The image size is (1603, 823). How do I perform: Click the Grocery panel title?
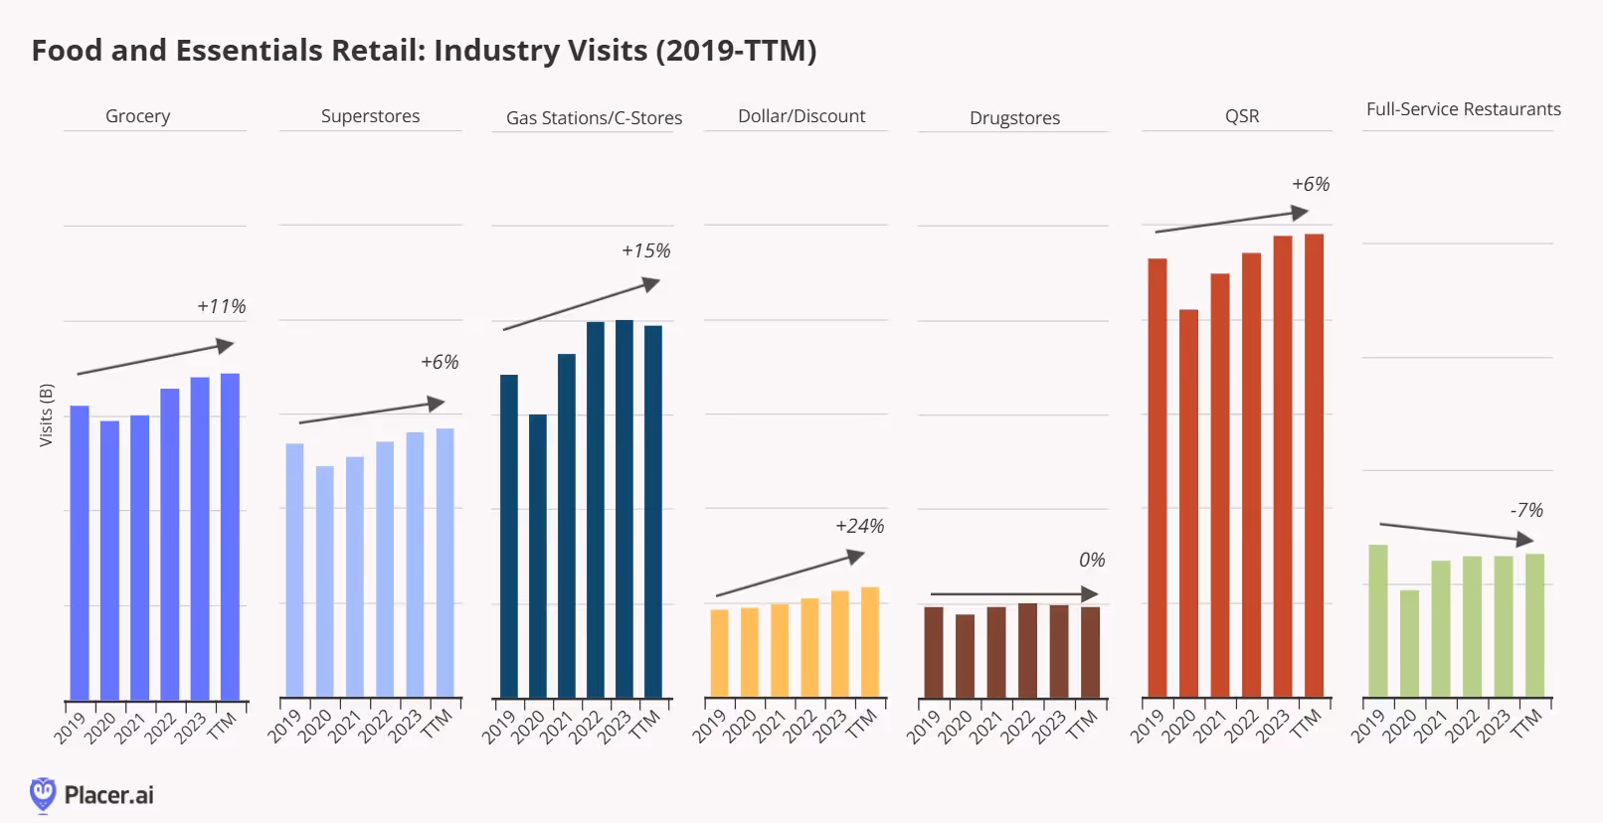pyautogui.click(x=137, y=116)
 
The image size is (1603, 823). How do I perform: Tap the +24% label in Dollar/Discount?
pyautogui.click(x=859, y=526)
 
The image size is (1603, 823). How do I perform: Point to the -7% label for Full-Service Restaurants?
pyautogui.click(x=1526, y=510)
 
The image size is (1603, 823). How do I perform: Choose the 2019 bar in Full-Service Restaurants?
pyautogui.click(x=1377, y=620)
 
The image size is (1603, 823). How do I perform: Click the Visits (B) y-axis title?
pyautogui.click(x=46, y=414)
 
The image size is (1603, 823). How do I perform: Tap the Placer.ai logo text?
pyautogui.click(x=108, y=795)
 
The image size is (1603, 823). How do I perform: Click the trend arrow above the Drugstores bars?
pyautogui.click(x=1013, y=594)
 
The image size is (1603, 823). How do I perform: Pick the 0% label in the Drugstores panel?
pyautogui.click(x=1091, y=560)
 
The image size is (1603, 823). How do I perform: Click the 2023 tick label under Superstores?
pyautogui.click(x=405, y=727)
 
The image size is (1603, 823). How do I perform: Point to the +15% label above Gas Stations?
pyautogui.click(x=645, y=250)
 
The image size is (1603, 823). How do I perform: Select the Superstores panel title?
pyautogui.click(x=370, y=116)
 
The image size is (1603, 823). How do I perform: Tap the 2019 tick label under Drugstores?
pyautogui.click(x=924, y=727)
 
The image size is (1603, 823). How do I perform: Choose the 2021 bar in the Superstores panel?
pyautogui.click(x=355, y=576)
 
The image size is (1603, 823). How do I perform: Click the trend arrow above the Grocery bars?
pyautogui.click(x=155, y=359)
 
